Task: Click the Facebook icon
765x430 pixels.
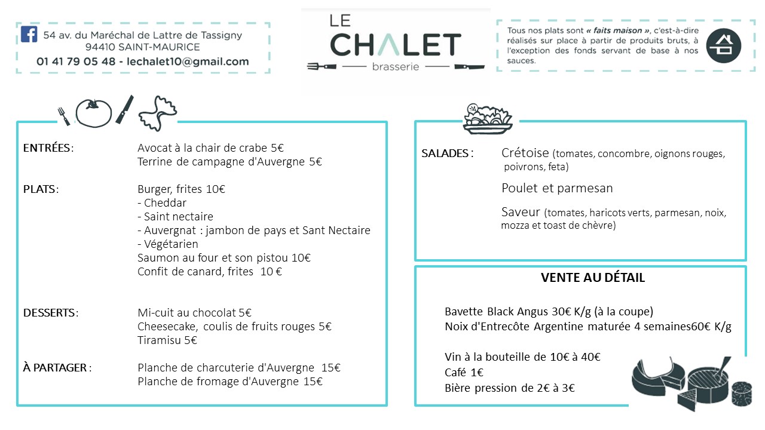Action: [29, 34]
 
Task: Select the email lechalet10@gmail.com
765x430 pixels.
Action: [188, 62]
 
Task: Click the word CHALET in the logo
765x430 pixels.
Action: [395, 45]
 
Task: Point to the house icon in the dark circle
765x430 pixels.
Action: [723, 45]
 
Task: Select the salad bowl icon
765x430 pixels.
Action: [488, 118]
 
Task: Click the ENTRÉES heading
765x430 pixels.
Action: [47, 148]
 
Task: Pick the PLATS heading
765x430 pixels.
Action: [40, 189]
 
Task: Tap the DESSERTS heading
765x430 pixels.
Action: [50, 313]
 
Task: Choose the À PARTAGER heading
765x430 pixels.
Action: [56, 368]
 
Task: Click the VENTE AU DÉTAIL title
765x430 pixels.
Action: [592, 278]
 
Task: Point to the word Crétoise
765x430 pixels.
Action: [525, 153]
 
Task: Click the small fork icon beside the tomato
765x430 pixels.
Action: [64, 115]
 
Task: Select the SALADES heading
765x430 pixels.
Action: [446, 153]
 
